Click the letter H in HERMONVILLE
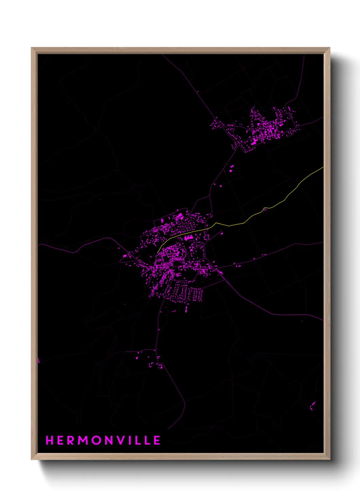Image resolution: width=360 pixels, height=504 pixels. click(50, 440)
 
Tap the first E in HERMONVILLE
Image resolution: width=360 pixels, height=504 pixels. click(61, 440)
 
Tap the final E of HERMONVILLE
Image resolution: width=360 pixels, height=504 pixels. click(157, 440)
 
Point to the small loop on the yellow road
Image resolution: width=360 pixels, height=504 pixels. click(265, 209)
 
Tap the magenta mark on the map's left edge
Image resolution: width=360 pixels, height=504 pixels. click(38, 360)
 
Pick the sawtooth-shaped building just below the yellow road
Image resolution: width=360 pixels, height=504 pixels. click(189, 237)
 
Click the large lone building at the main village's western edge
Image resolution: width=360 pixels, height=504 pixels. click(125, 255)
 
